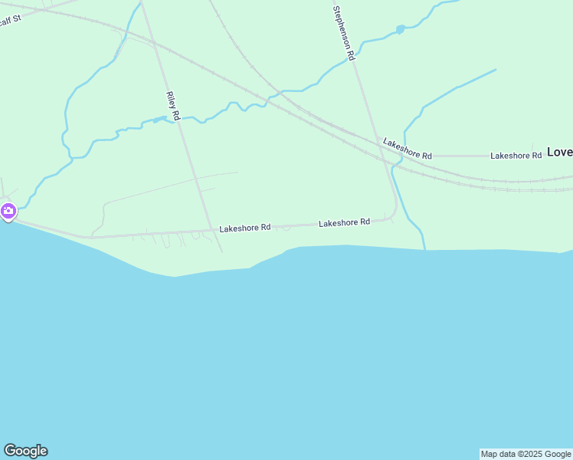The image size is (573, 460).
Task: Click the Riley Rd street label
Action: coord(172,106)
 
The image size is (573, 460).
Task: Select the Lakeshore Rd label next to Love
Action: coord(516,156)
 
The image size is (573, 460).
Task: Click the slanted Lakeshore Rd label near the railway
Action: coord(408,149)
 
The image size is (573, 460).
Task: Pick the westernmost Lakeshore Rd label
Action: coord(245,228)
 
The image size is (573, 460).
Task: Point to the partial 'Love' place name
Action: coord(559,153)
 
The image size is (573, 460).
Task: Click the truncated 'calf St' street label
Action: coord(9,19)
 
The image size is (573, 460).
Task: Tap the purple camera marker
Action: coord(8,211)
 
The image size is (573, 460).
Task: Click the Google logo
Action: coord(25,451)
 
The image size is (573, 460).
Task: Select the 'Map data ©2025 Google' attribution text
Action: coord(526,454)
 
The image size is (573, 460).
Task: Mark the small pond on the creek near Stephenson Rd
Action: coord(400,29)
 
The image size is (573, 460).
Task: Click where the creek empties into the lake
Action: coord(424,247)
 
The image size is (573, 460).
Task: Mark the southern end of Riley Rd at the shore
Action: coord(222,251)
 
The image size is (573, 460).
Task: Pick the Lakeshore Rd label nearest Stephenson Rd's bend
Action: coord(344,222)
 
